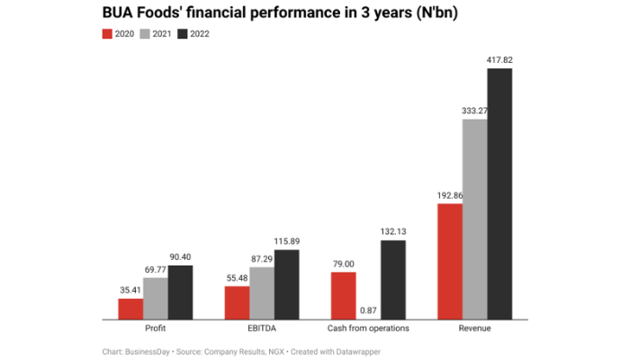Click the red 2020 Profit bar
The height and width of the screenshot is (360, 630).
point(130,309)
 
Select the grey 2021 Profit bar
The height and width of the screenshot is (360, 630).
point(156,298)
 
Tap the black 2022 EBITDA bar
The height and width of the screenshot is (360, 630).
point(287,284)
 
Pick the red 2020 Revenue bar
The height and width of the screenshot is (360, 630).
point(450,261)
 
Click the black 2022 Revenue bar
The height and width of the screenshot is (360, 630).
point(499,193)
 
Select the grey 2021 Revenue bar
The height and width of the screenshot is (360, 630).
point(474,219)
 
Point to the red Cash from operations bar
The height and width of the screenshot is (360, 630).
point(344,295)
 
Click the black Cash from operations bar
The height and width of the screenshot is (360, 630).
point(393,279)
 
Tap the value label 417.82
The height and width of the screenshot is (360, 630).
point(499,60)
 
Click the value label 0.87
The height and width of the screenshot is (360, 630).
point(368,310)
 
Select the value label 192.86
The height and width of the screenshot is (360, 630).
point(449,195)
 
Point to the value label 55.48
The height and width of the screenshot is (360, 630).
point(238,277)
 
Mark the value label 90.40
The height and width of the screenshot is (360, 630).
point(181,256)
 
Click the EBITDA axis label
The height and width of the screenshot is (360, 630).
point(262,328)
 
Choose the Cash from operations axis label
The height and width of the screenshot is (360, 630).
point(368,328)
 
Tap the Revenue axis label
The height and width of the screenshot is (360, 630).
point(474,328)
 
